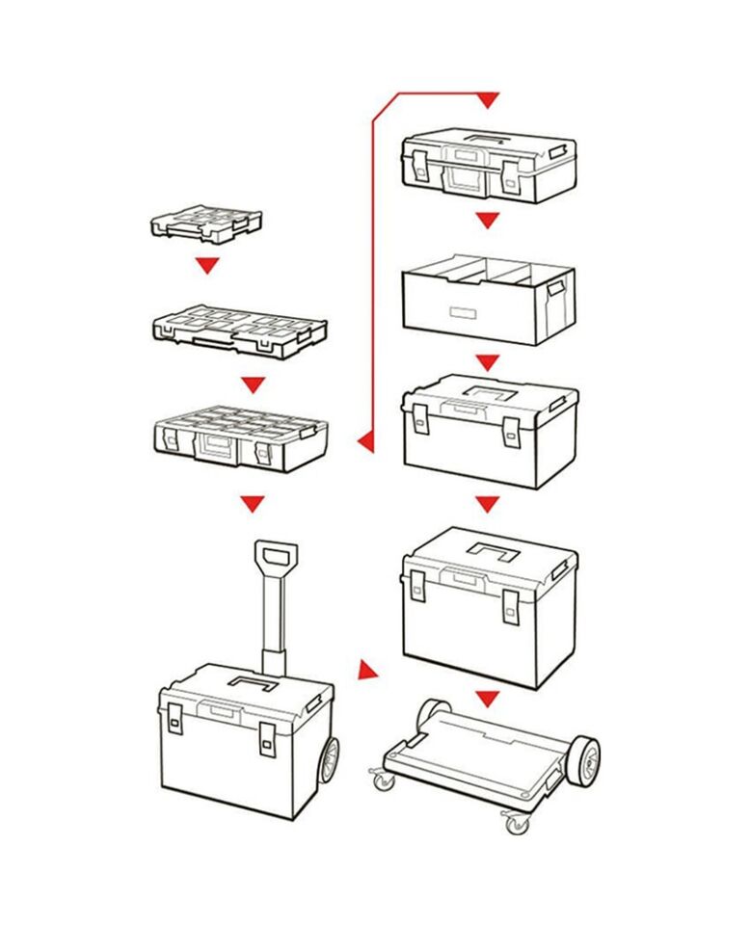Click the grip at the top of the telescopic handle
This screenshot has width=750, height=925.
276,557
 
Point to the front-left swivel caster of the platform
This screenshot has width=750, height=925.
385,779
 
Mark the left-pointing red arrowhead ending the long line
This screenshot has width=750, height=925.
365,441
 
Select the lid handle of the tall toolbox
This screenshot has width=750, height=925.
494,552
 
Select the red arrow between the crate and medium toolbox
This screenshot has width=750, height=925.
488,363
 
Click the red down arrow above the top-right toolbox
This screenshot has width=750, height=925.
488,99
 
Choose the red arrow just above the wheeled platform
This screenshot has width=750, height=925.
488,698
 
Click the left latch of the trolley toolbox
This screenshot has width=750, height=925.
175,717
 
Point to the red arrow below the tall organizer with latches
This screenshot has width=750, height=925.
253,503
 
